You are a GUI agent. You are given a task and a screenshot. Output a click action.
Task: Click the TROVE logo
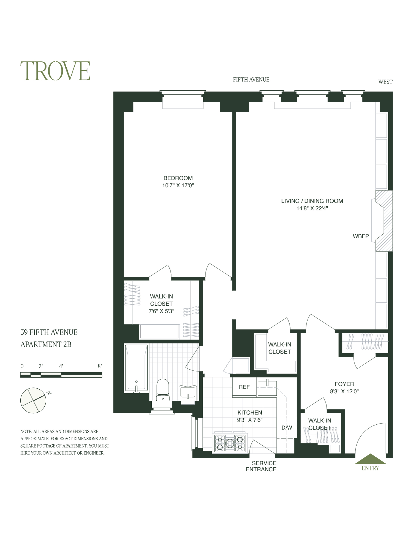(55, 71)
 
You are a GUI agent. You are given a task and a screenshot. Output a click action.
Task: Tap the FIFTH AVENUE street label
(251, 80)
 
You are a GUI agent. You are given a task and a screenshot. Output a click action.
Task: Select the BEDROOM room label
(178, 178)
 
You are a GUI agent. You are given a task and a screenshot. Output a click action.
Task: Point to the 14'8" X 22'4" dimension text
(312, 208)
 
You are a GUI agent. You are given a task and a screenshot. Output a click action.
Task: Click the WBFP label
(360, 236)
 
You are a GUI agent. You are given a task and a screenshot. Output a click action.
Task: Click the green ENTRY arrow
(370, 459)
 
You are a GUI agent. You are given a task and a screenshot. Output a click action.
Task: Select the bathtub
(136, 368)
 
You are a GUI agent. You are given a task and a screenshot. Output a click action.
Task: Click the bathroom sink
(188, 392)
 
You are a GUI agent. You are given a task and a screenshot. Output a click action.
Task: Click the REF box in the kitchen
(244, 387)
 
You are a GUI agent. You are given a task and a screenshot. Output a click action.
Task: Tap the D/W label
(287, 428)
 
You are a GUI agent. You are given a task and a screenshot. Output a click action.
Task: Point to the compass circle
(33, 400)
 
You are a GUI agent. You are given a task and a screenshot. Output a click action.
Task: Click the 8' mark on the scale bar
(100, 366)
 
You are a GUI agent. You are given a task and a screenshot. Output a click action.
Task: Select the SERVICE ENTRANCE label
(261, 466)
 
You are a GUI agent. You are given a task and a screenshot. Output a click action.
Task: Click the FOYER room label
(344, 384)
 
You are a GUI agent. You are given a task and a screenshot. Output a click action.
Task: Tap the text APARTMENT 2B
(46, 345)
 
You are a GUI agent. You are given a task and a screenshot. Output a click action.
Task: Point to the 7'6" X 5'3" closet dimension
(161, 311)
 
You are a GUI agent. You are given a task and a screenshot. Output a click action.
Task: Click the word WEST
(385, 82)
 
